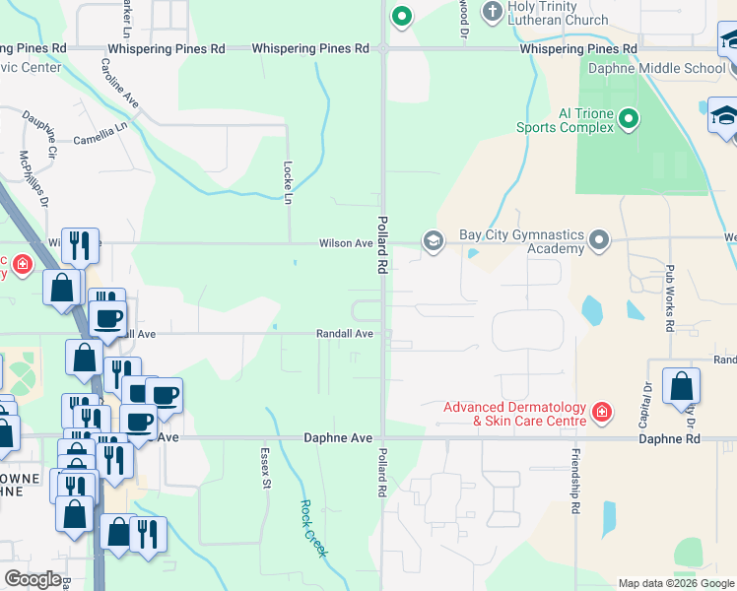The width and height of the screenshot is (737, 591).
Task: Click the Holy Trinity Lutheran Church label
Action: (x=558, y=13)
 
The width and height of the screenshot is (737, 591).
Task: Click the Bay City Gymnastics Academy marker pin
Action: (x=598, y=240)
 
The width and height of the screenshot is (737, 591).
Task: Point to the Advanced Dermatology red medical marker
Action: (x=600, y=411)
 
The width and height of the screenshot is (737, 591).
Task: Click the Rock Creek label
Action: (x=312, y=528)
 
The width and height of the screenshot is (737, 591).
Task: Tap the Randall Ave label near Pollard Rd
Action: (x=344, y=334)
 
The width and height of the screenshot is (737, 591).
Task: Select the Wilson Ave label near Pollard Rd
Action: (x=345, y=243)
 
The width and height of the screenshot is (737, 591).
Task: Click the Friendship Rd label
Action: (x=573, y=483)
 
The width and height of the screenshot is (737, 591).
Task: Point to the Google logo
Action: (x=33, y=578)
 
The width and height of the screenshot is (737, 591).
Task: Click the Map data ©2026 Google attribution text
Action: (x=675, y=583)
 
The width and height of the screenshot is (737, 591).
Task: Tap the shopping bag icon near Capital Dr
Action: (x=681, y=386)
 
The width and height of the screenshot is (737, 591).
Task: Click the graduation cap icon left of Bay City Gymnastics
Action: (x=433, y=240)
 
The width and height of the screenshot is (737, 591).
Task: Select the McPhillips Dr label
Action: (x=33, y=178)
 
